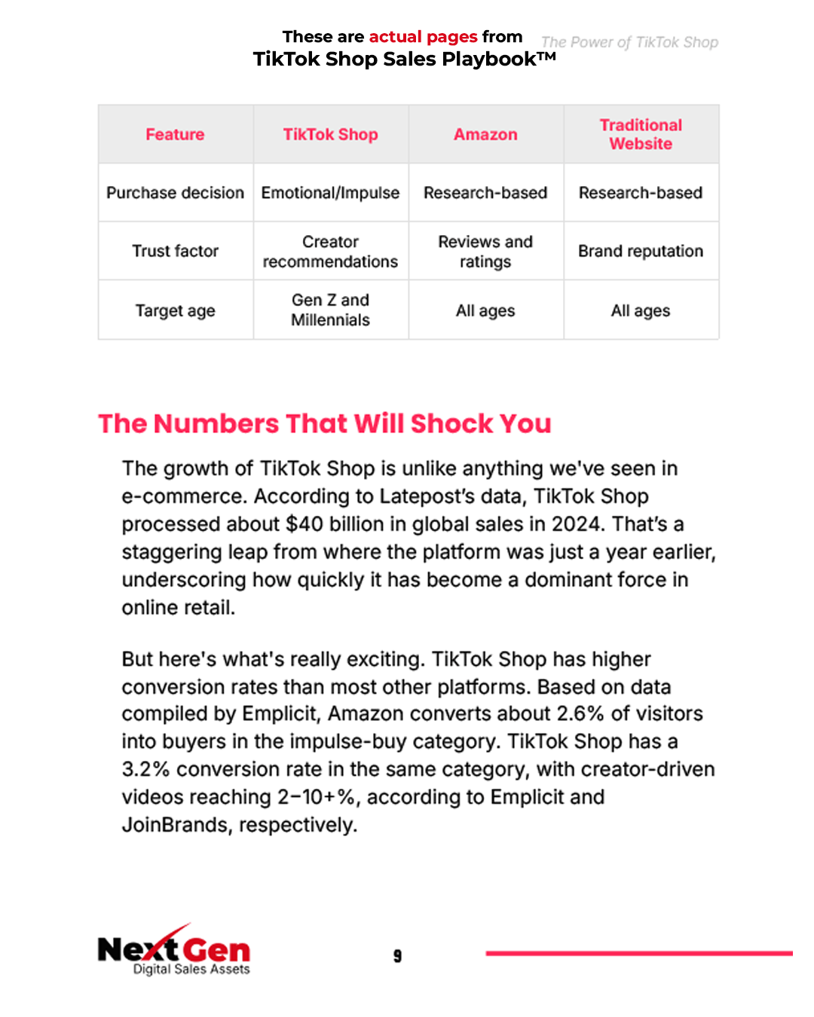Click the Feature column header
175,134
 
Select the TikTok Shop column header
330,134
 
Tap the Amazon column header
485,134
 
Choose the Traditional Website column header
641,134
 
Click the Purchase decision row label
175,193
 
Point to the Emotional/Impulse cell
330,193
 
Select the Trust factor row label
175,251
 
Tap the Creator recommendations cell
330,252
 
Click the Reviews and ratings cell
485,252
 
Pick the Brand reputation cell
641,251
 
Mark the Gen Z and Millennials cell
330,310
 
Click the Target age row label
175,310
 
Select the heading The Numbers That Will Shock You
325,423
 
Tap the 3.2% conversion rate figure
145,769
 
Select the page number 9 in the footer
397,956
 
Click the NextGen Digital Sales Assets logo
174,951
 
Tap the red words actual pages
423,37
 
